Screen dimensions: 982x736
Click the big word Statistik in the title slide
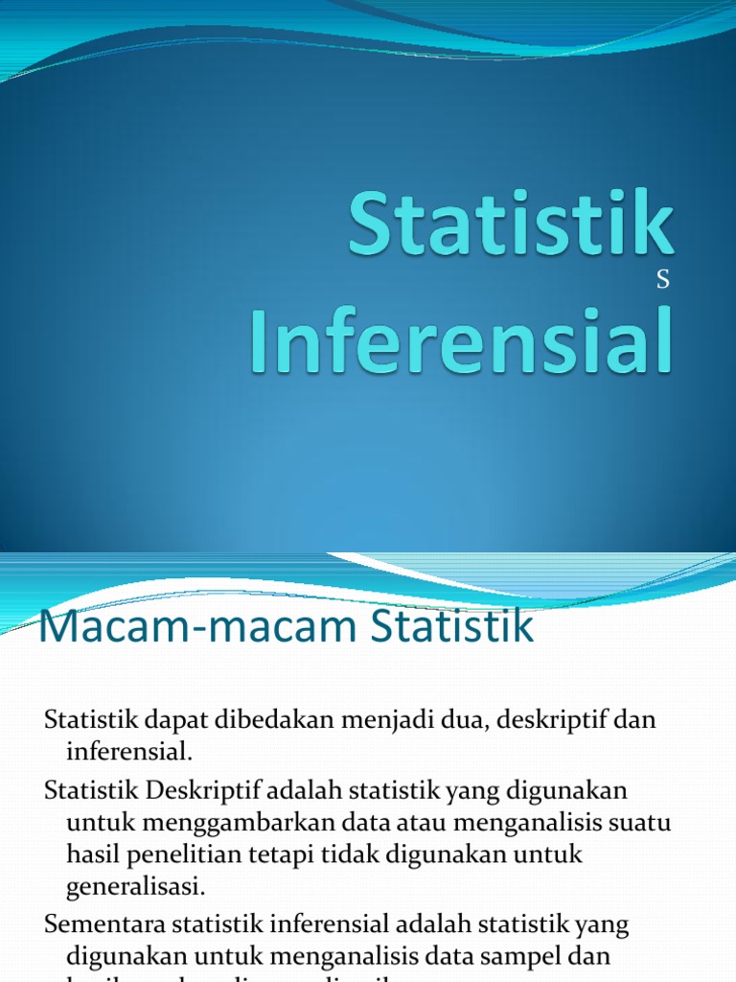pos(510,224)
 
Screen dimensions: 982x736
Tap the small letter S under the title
pos(662,281)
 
